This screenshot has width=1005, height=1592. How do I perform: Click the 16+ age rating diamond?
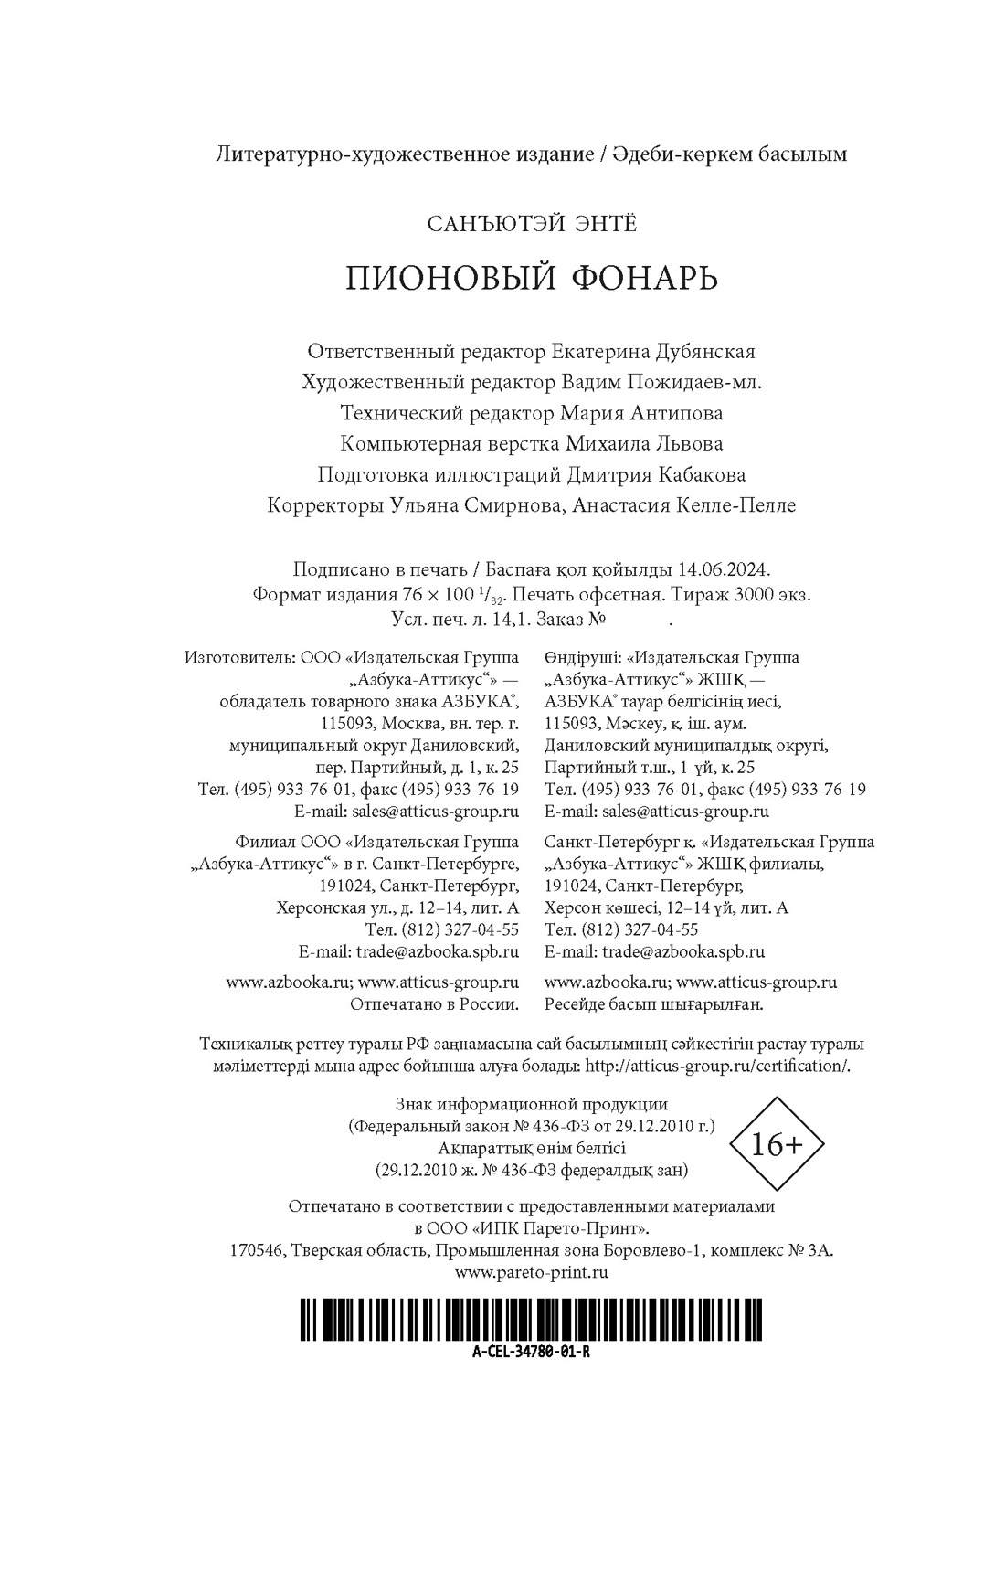tap(777, 1145)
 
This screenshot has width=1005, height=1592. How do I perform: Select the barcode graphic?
tap(531, 1321)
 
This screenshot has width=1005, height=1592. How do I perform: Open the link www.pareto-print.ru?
tap(531, 1271)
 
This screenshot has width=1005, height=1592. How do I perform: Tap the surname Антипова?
tap(677, 413)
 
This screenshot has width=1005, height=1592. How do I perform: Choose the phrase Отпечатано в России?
tap(435, 1003)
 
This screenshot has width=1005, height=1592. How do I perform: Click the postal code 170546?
tap(258, 1250)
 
